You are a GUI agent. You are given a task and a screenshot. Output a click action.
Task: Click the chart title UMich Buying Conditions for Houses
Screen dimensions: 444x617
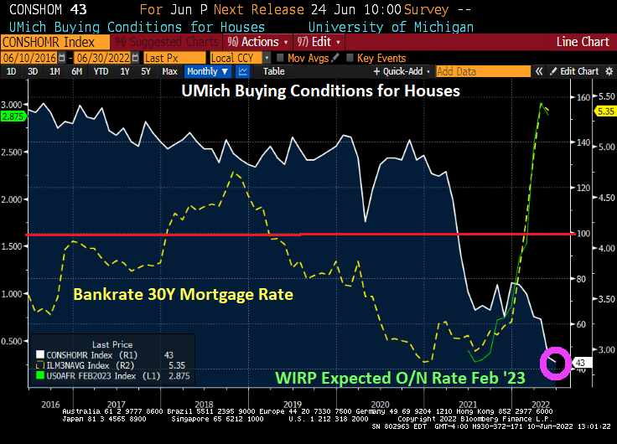click(x=320, y=90)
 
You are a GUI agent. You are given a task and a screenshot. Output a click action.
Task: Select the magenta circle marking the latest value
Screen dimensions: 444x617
click(x=553, y=363)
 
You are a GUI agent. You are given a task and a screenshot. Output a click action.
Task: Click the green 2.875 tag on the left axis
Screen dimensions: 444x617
click(x=13, y=116)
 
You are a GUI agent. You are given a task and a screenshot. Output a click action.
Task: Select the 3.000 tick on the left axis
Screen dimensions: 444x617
click(x=13, y=105)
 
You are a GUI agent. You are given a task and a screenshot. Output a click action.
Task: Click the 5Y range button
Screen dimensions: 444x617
click(x=145, y=72)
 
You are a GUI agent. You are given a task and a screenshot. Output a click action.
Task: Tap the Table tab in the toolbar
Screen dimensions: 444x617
click(x=273, y=72)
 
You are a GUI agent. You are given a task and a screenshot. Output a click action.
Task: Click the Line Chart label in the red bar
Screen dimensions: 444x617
click(x=583, y=42)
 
